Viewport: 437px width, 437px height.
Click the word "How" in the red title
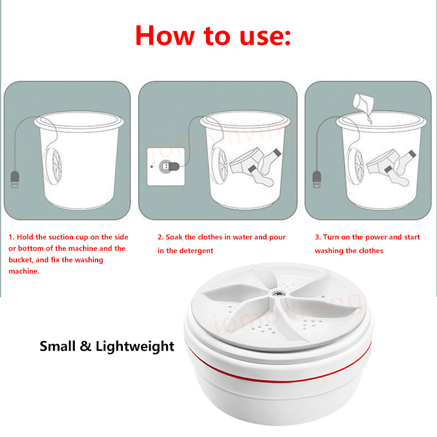click(x=165, y=36)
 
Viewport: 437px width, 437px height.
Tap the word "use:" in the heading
click(x=265, y=38)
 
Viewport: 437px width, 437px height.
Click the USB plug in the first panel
click(x=15, y=179)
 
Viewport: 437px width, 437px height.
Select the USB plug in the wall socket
click(x=169, y=167)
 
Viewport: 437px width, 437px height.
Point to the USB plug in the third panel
click(x=316, y=179)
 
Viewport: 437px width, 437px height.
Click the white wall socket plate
click(x=166, y=167)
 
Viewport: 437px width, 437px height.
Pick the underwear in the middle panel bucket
click(x=246, y=162)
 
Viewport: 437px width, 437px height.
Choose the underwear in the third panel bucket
click(x=383, y=163)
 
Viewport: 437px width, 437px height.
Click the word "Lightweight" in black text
click(x=135, y=347)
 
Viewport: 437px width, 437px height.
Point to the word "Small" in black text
click(x=58, y=346)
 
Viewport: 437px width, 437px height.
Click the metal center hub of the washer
click(x=278, y=293)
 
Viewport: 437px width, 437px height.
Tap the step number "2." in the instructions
click(x=160, y=237)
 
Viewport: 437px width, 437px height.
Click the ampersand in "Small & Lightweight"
click(x=86, y=346)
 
